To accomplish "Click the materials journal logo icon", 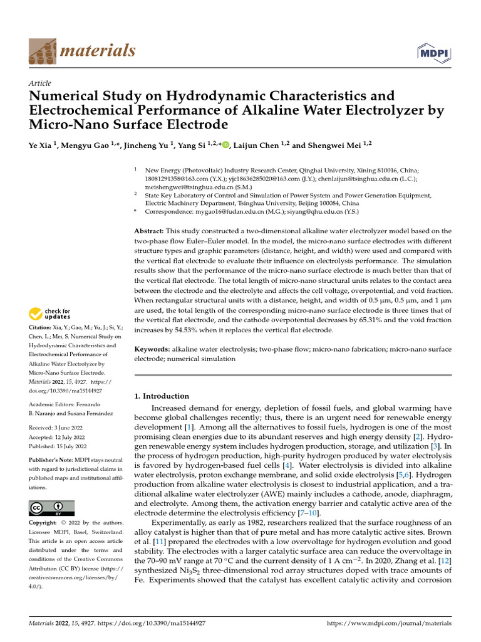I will coord(42,50).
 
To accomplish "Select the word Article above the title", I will coord(40,83).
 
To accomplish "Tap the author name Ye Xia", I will coord(41,145).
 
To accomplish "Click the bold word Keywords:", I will coord(153,348).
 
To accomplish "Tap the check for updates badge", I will coord(50,313).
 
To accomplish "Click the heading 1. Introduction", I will coord(162,396).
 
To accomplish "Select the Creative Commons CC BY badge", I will coord(52,508).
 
